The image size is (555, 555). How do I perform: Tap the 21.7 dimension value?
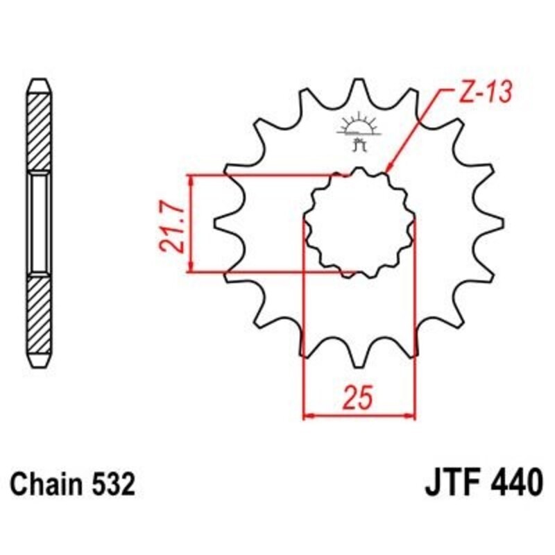169,224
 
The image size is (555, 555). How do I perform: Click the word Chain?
49,484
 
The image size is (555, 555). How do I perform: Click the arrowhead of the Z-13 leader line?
388,168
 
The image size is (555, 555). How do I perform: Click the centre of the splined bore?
359,223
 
